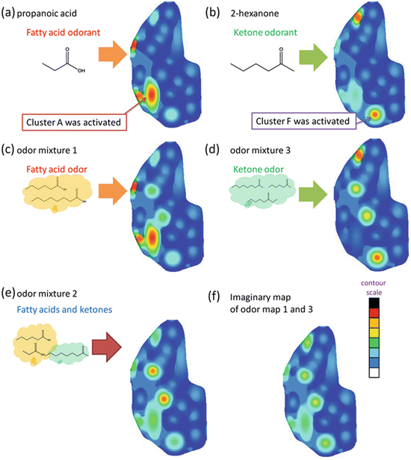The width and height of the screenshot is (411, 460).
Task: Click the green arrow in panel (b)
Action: (x=315, y=55)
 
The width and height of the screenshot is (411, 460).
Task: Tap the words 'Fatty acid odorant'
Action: (x=58, y=32)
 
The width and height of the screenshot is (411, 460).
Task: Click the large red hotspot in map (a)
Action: (x=152, y=96)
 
